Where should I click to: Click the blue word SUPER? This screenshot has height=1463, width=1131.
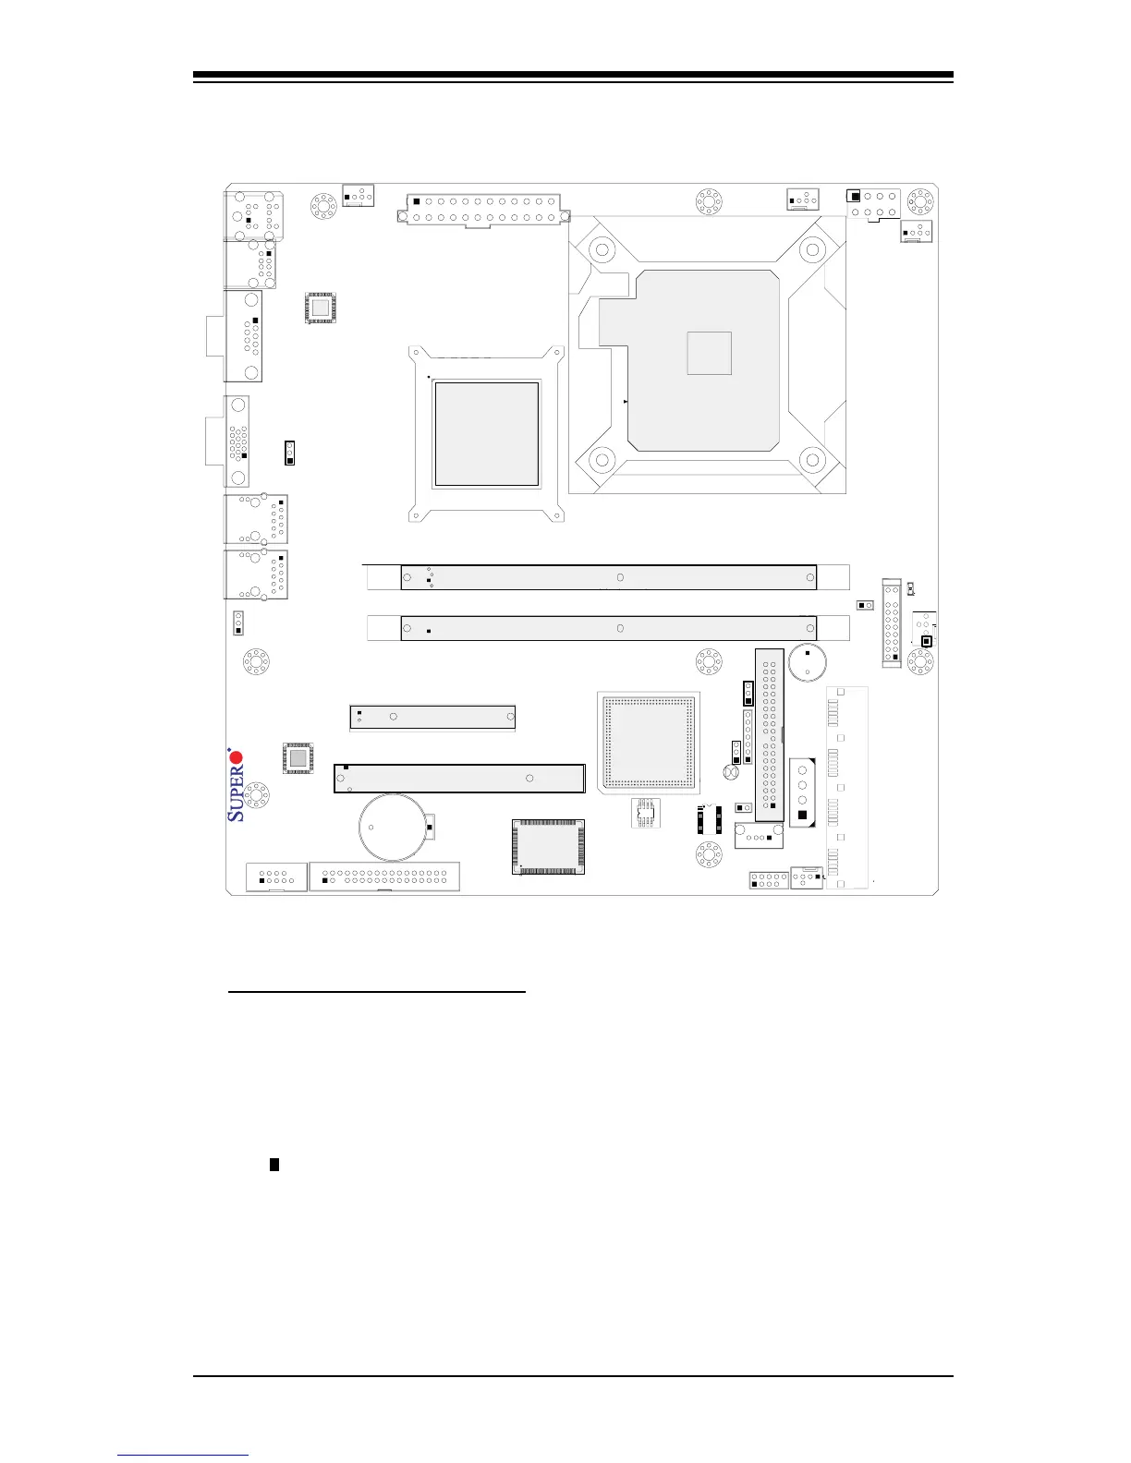237,795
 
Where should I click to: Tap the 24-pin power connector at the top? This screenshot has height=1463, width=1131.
480,210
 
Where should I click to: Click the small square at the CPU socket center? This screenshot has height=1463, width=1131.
710,353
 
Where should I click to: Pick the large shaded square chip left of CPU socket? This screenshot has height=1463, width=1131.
487,433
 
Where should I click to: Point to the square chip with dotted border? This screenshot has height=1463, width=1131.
648,741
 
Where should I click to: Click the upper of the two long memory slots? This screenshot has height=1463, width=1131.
608,577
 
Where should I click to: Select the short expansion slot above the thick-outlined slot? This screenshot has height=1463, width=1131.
432,717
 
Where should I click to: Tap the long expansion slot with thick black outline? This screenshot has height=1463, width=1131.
459,779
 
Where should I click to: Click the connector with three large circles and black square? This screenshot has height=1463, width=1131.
803,792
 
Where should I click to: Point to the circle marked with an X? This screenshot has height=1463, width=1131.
731,772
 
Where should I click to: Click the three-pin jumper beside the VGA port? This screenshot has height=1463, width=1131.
289,453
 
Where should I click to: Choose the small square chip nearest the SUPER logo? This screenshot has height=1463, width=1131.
297,758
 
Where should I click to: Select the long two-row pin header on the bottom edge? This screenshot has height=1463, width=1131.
384,877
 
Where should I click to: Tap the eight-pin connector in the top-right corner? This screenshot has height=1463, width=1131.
873,203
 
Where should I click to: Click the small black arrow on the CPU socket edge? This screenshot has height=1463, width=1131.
626,402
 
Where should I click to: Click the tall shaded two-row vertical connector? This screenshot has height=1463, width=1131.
770,734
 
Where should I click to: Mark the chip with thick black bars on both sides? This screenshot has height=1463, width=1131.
709,819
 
